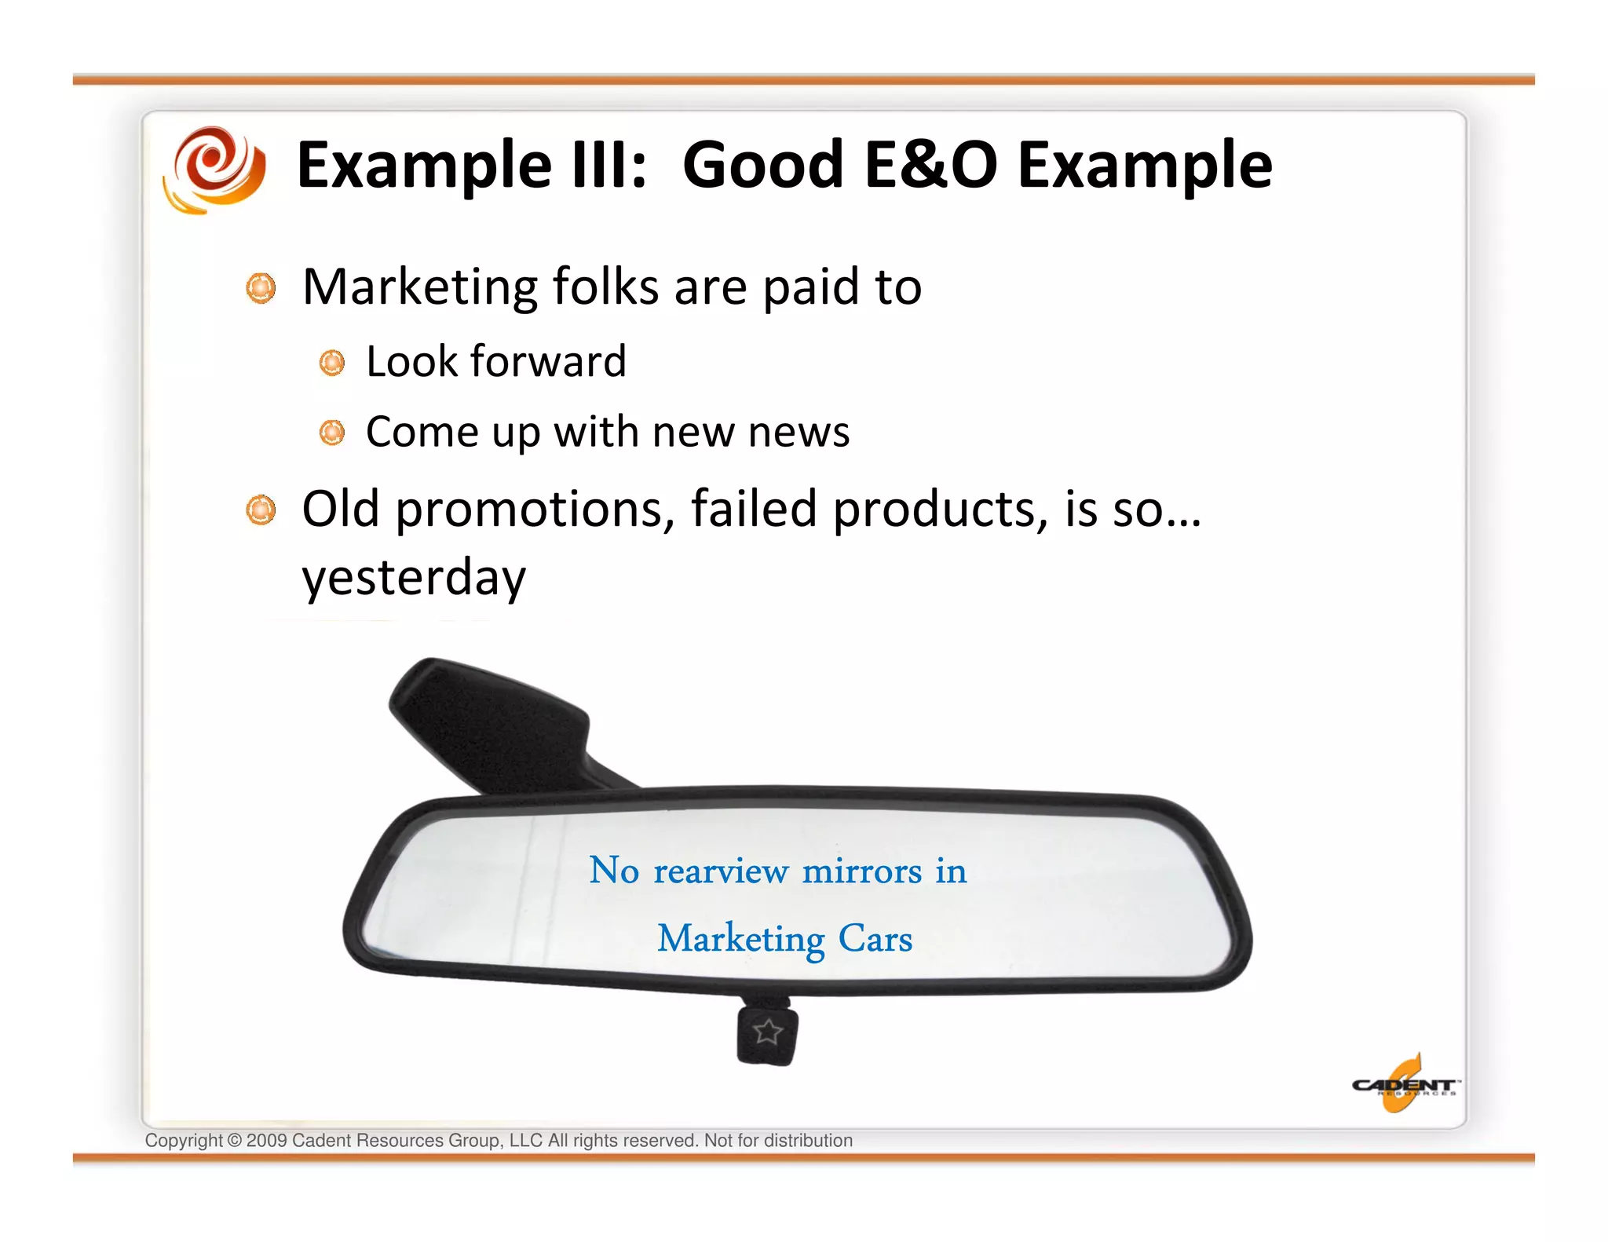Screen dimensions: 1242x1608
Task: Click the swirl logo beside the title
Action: click(x=214, y=169)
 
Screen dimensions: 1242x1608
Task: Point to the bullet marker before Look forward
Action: click(x=331, y=363)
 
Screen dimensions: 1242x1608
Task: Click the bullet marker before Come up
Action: click(x=331, y=433)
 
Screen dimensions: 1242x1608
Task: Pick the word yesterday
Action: click(x=414, y=578)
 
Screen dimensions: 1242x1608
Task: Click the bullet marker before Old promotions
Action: click(x=261, y=510)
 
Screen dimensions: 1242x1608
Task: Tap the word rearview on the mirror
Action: click(x=720, y=871)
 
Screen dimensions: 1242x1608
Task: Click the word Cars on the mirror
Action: click(x=875, y=939)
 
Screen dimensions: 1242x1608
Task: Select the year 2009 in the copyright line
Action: click(x=266, y=1141)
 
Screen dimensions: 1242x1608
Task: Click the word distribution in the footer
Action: click(x=808, y=1141)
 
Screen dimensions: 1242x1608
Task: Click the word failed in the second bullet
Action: click(x=754, y=510)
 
